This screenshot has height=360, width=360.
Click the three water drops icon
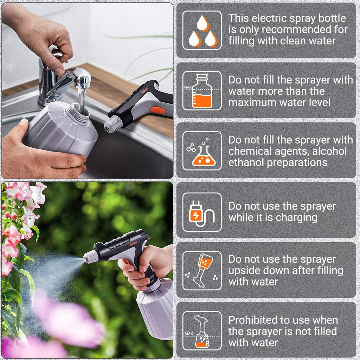coord(202,30)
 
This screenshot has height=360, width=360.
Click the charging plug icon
coord(202,212)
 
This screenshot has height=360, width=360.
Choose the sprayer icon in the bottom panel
coord(202,331)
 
